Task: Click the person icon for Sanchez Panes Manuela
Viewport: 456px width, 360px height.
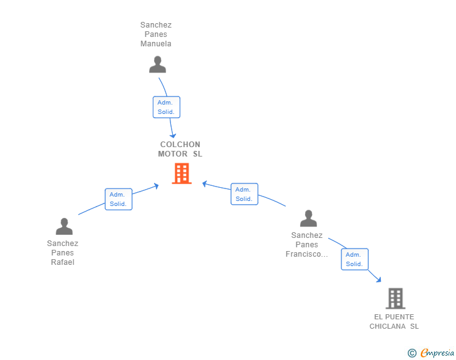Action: click(x=157, y=64)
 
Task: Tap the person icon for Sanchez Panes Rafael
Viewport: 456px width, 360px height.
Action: click(x=64, y=226)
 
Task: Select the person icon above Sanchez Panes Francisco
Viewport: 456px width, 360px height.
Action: click(x=308, y=218)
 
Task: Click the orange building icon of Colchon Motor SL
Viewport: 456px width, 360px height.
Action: click(x=182, y=173)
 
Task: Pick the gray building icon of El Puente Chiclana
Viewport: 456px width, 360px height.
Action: click(x=395, y=299)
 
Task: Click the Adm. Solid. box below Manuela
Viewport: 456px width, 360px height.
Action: click(x=167, y=107)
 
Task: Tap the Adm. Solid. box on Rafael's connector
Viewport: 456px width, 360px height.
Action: click(x=118, y=199)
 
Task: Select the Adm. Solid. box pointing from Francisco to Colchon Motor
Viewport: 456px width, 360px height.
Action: click(x=244, y=194)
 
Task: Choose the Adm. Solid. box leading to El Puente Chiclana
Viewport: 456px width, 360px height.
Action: click(x=355, y=259)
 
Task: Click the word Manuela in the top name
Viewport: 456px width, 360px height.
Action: click(x=156, y=44)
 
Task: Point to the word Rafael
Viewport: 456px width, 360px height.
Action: click(x=63, y=262)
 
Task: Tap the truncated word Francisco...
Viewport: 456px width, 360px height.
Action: click(x=306, y=254)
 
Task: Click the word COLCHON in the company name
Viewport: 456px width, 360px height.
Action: click(x=180, y=145)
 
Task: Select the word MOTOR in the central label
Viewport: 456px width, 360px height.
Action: click(x=173, y=154)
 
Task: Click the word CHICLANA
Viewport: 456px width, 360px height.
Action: click(x=387, y=326)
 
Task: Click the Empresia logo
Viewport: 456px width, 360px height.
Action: click(x=437, y=353)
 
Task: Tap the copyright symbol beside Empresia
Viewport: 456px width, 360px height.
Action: click(x=412, y=353)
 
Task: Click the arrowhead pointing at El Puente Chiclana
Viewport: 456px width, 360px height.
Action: click(x=378, y=280)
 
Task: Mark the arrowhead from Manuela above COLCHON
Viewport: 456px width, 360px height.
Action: click(x=173, y=135)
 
